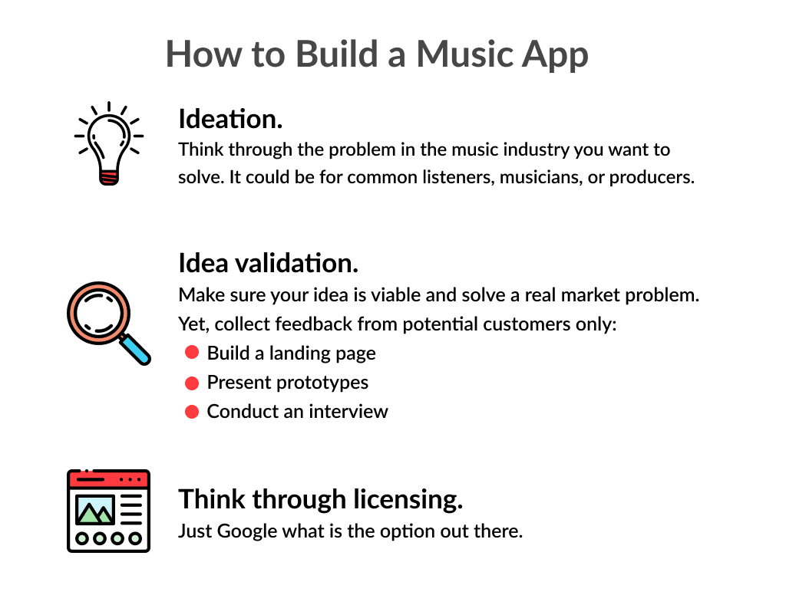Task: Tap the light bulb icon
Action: (x=108, y=142)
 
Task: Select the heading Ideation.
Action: (x=230, y=120)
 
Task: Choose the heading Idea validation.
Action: (x=268, y=264)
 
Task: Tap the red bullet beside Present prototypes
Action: (x=192, y=383)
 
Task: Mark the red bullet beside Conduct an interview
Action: (x=192, y=412)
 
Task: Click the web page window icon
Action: (x=108, y=510)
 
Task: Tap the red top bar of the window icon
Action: (x=108, y=479)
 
